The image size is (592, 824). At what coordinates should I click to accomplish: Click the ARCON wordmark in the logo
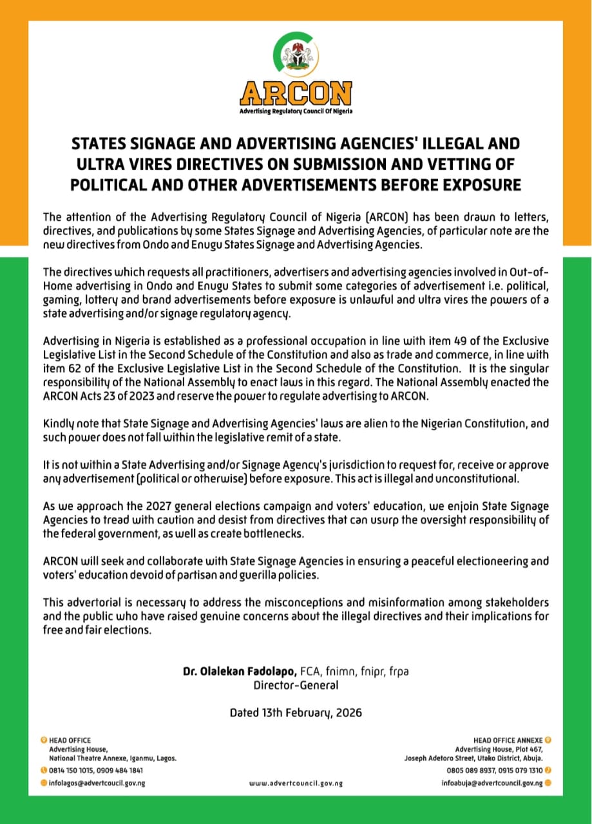[x=296, y=93]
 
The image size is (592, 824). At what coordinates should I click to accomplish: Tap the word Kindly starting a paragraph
[x=59, y=424]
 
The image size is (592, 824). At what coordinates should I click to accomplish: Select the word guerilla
[x=242, y=575]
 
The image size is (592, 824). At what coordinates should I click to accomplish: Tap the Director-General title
[x=296, y=685]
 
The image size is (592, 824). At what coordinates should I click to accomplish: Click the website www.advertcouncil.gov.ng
[x=296, y=783]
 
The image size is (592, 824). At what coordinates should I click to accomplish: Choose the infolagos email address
[x=97, y=783]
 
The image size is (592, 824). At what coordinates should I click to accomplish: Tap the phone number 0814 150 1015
[x=72, y=770]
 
